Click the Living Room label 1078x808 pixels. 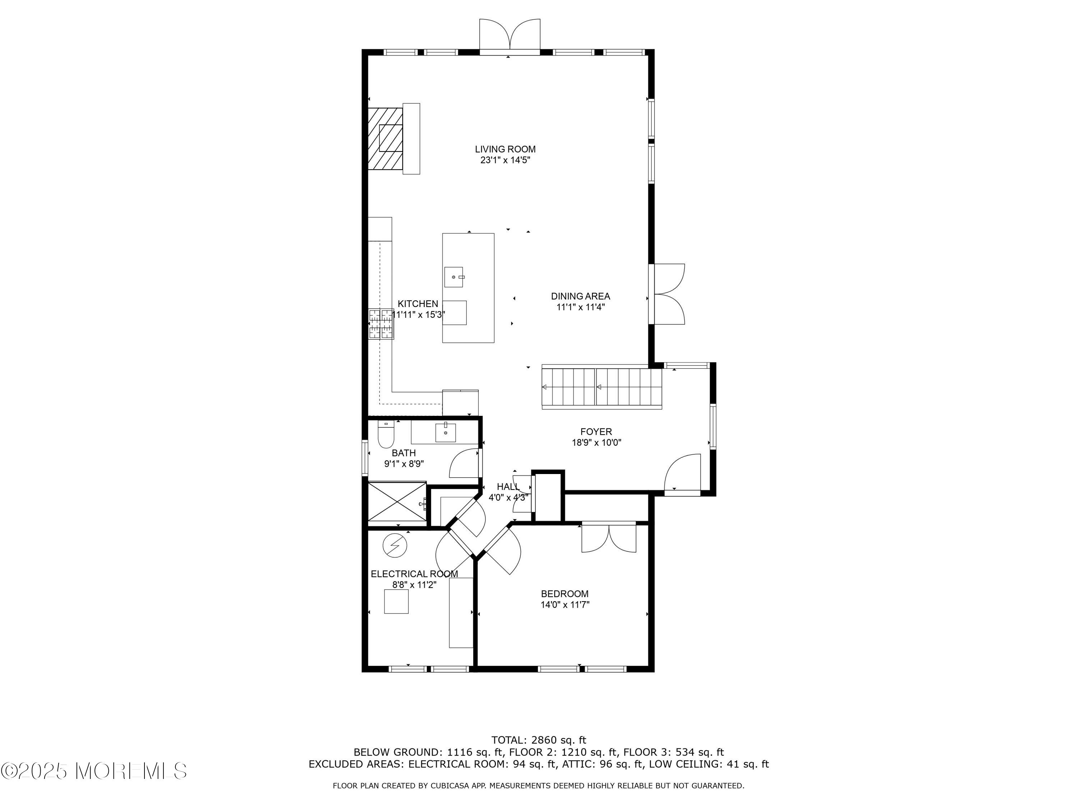click(505, 149)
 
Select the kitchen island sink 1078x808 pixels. click(453, 277)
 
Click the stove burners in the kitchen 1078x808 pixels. click(381, 324)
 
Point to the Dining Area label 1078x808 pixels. click(580, 296)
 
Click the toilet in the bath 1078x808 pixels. click(386, 435)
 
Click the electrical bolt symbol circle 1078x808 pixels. click(395, 545)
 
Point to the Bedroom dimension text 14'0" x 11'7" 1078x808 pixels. click(565, 605)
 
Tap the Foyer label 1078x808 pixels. click(595, 432)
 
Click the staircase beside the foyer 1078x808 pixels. click(602, 388)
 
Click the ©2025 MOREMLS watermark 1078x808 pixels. click(93, 771)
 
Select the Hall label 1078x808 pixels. click(508, 487)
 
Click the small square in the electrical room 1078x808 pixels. click(396, 602)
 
